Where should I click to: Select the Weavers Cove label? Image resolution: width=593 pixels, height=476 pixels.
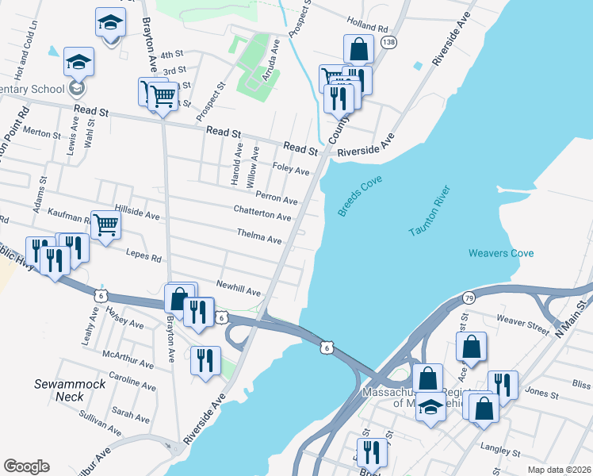pyautogui.click(x=501, y=253)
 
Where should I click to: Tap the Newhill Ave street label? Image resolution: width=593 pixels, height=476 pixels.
pyautogui.click(x=239, y=288)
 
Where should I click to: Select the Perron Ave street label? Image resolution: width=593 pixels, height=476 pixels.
pyautogui.click(x=276, y=196)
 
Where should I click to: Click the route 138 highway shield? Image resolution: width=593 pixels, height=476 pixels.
pyautogui.click(x=388, y=41)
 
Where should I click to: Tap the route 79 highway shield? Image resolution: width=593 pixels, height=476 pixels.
pyautogui.click(x=469, y=297)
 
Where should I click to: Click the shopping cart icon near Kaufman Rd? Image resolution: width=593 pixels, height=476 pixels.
pyautogui.click(x=105, y=225)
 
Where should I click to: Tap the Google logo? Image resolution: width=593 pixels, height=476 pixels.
pyautogui.click(x=26, y=466)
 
